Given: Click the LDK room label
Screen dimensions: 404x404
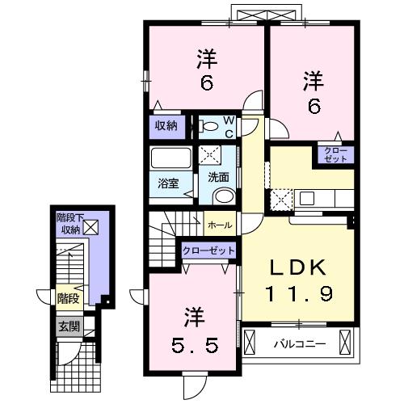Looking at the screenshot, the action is click(298, 267).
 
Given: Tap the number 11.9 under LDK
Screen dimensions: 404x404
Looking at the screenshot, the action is click(300, 293).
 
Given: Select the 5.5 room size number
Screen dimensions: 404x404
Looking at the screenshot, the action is click(195, 346).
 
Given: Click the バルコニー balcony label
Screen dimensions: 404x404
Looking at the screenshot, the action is click(300, 344).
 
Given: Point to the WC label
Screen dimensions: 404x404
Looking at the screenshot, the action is click(229, 127).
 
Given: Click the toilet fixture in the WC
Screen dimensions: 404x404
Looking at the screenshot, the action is click(208, 126).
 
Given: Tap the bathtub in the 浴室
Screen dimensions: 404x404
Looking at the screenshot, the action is click(171, 158).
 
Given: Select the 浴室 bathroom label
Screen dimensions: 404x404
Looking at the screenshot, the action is click(168, 183).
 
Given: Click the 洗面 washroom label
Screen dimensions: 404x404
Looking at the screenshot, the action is click(218, 177).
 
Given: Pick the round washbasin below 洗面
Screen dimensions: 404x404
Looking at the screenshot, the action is click(225, 196).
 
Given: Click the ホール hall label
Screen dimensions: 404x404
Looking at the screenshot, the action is click(220, 225).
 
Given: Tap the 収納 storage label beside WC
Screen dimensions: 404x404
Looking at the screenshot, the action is click(166, 125).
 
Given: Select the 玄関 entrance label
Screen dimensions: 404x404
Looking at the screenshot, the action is click(69, 326).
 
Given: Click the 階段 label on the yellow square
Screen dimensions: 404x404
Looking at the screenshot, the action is click(69, 298).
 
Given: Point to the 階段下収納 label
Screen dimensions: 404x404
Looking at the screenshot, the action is click(69, 223).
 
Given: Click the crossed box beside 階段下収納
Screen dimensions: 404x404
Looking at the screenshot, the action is click(90, 227).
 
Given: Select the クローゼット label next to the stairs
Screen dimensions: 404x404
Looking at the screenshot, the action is click(208, 250).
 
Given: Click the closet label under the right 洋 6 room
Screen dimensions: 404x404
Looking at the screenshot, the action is click(335, 154).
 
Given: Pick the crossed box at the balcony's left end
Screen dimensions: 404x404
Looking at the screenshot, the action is click(249, 342).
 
